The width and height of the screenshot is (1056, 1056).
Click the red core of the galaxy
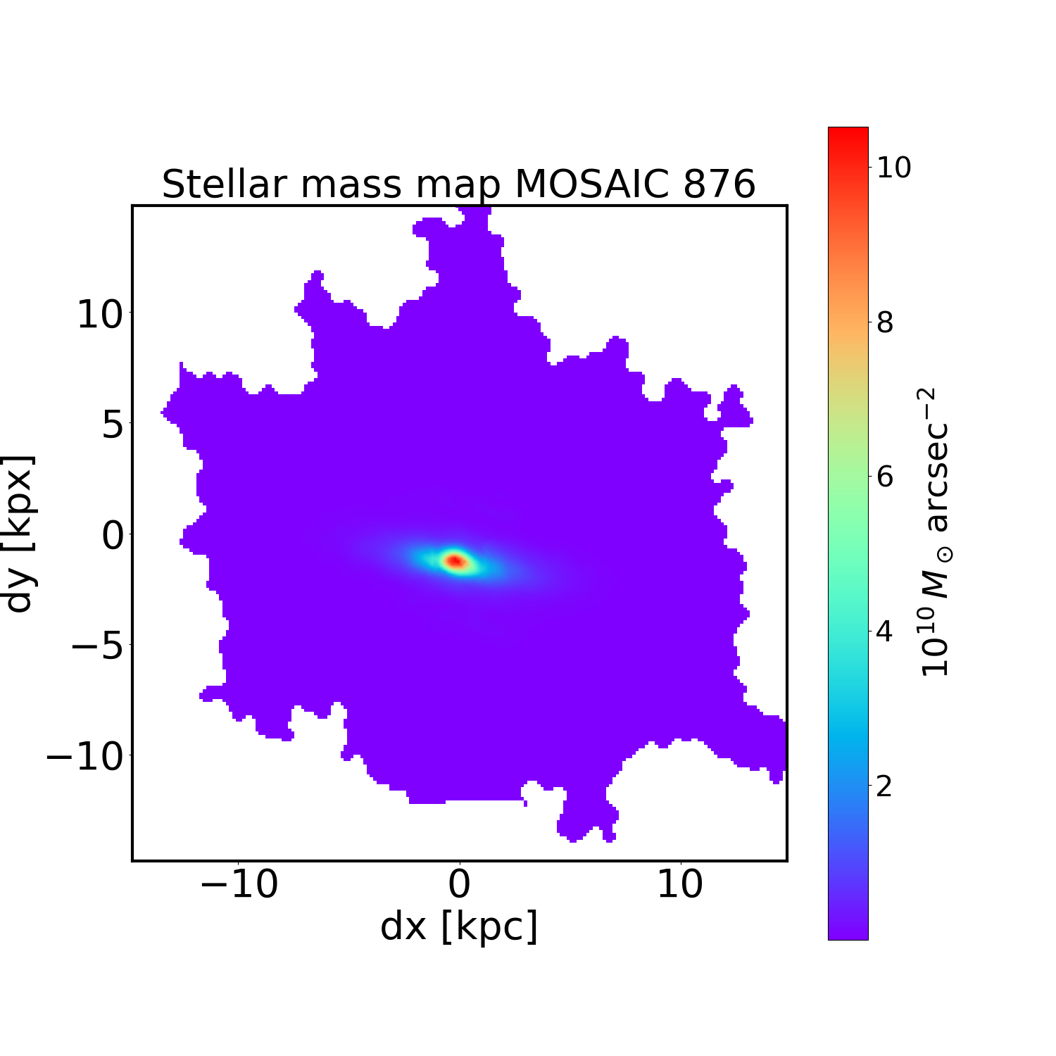point(455,561)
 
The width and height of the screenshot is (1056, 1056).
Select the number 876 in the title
point(715,184)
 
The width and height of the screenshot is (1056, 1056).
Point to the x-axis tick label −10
point(239,885)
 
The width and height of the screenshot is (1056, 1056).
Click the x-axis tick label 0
point(460,885)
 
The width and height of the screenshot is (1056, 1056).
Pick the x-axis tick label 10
point(680,885)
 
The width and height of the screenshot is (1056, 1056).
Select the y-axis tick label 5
point(113,425)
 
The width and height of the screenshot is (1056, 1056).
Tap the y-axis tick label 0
point(113,536)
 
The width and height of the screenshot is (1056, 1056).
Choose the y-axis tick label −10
point(87,757)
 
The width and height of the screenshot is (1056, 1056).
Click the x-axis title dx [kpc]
point(459,926)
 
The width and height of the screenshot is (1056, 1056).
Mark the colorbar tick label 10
point(893,168)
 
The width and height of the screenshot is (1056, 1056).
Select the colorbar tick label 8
point(885,322)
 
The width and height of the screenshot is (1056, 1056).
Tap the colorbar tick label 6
point(885,477)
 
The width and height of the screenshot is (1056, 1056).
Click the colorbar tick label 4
point(885,631)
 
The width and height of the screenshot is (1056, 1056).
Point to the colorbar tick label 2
point(885,786)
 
